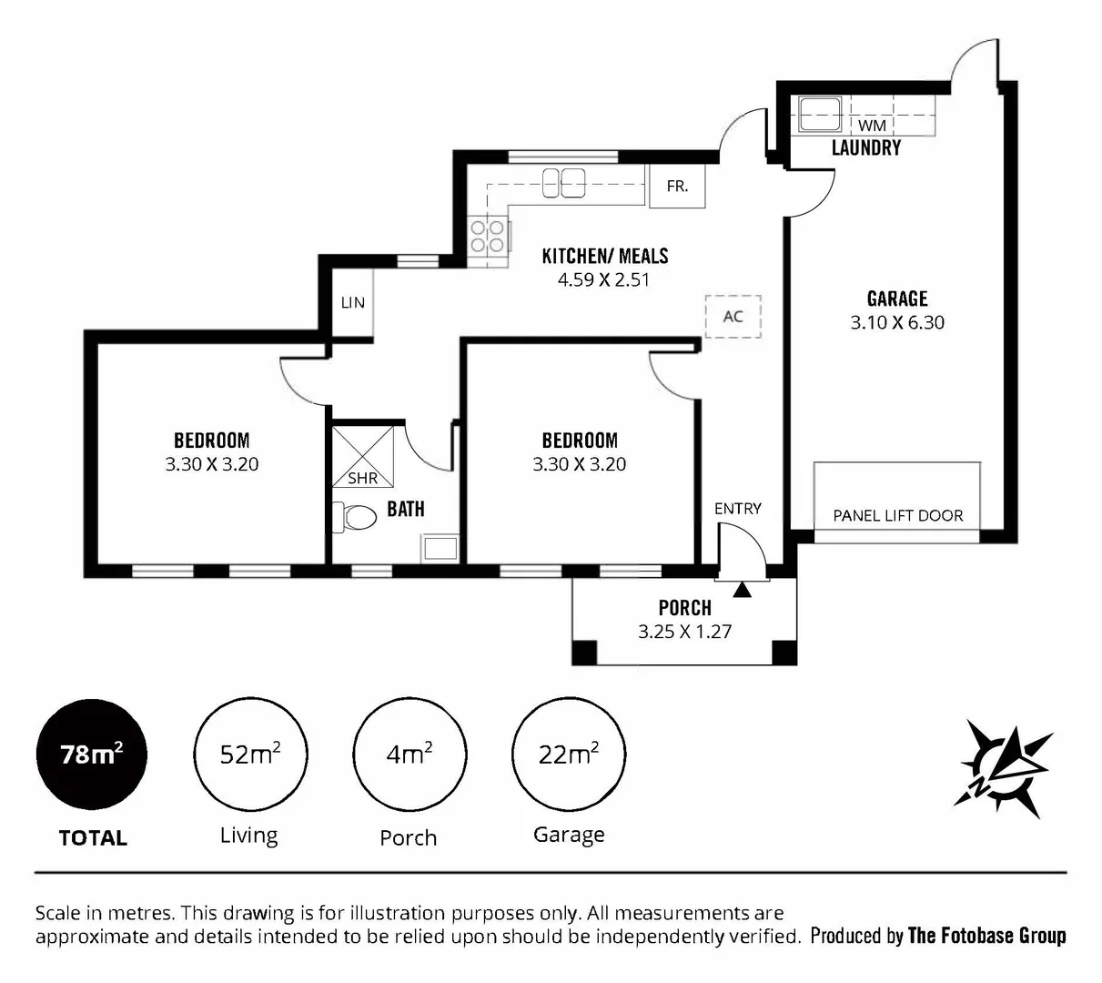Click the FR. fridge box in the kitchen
(x=677, y=187)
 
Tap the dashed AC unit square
(x=733, y=317)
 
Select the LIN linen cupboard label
(x=352, y=302)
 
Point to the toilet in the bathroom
(x=356, y=518)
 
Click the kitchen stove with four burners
(x=487, y=237)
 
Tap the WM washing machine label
(x=872, y=125)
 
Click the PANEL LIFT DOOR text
(x=897, y=515)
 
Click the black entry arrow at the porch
(x=743, y=590)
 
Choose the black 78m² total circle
(x=91, y=755)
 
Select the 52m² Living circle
(x=250, y=755)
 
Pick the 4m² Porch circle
(x=409, y=755)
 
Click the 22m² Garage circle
(x=569, y=755)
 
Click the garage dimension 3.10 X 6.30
(x=897, y=322)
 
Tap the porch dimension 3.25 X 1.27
(x=684, y=631)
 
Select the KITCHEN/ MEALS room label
(x=605, y=256)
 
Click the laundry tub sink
(x=820, y=115)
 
